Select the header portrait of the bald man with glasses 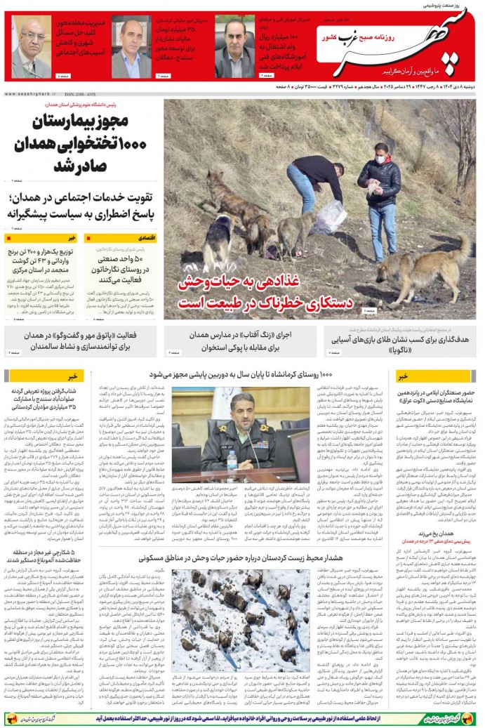click(31, 49)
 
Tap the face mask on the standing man click(382, 159)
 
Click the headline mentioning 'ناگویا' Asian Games click(401, 341)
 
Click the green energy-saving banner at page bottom click(242, 718)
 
